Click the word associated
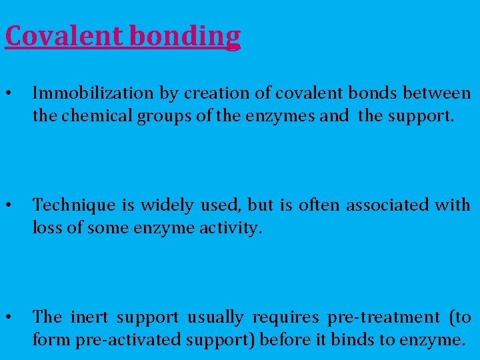point(383,205)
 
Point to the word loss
point(46,229)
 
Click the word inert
point(91,317)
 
